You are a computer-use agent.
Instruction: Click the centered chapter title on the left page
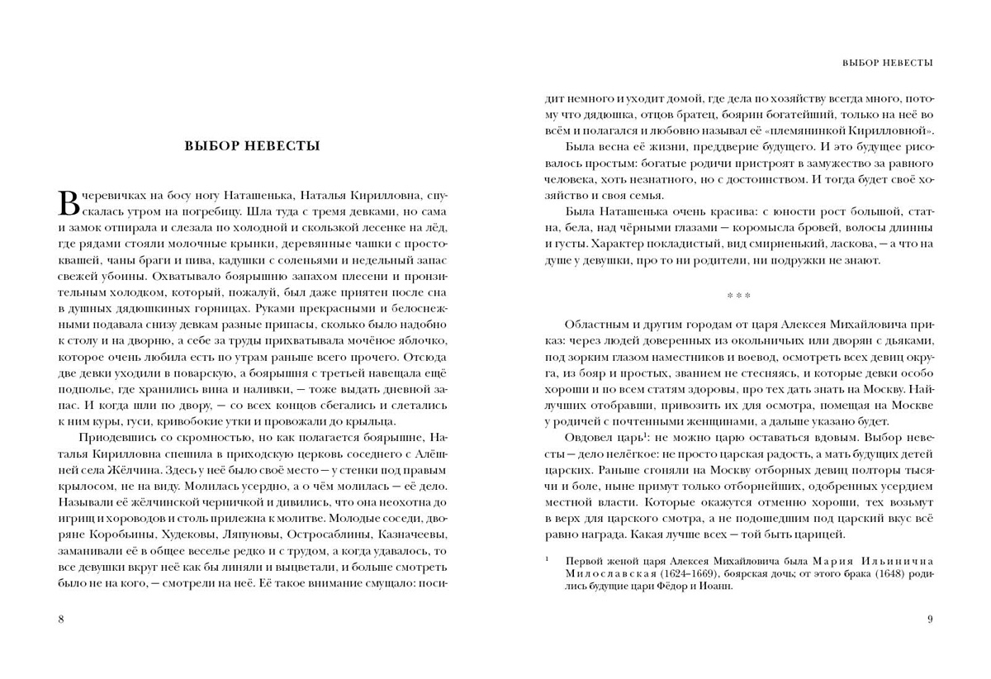[252, 147]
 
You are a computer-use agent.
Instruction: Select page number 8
[60, 619]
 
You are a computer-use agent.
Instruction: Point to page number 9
[930, 619]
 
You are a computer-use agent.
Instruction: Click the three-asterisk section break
[738, 295]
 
